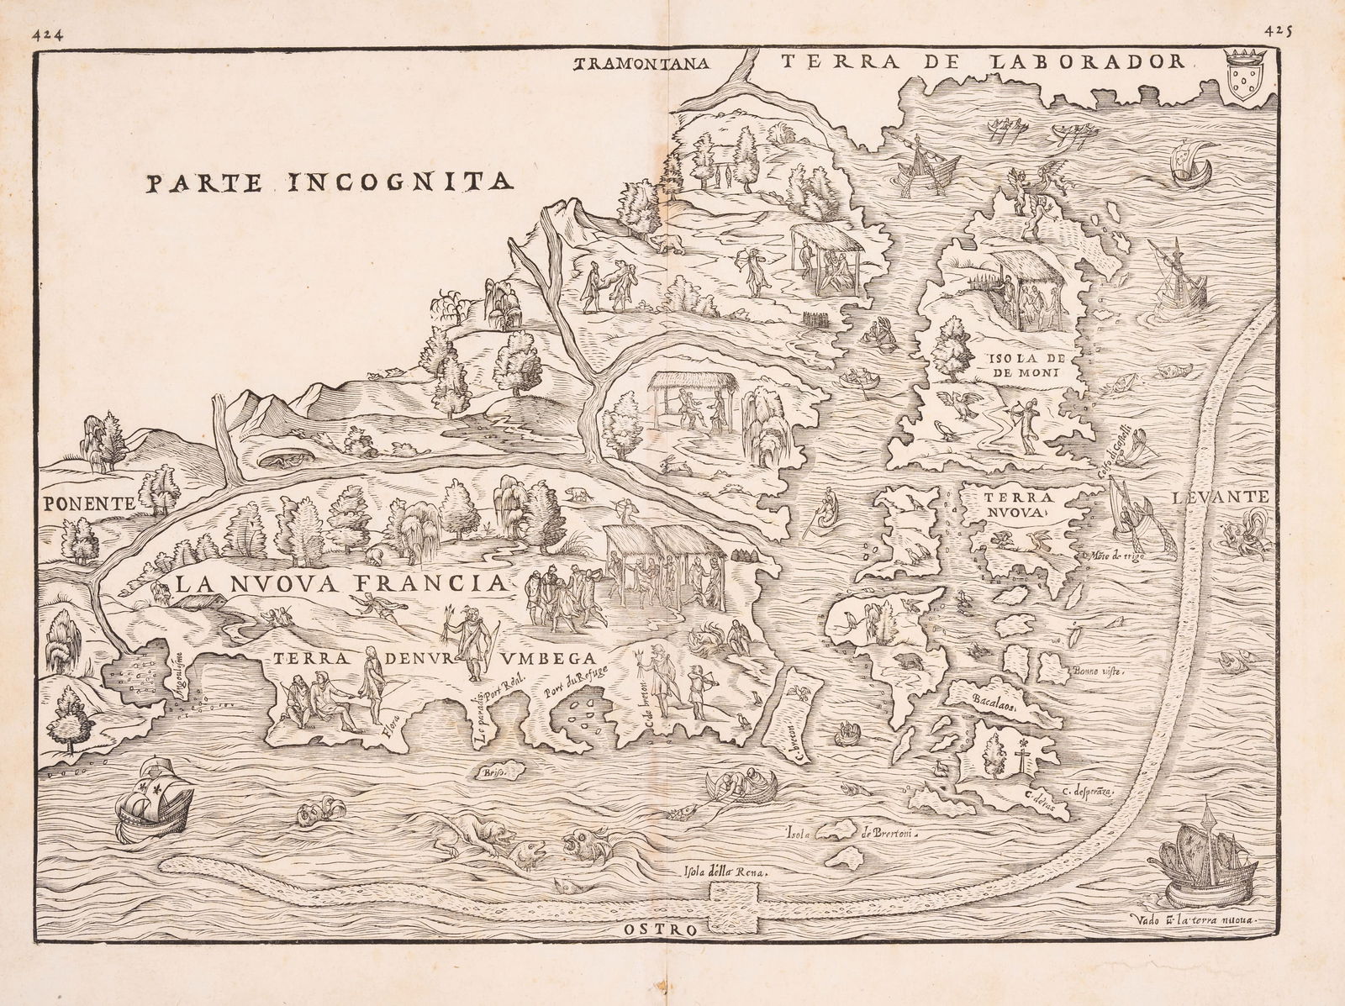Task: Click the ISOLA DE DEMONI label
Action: click(x=1021, y=366)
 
